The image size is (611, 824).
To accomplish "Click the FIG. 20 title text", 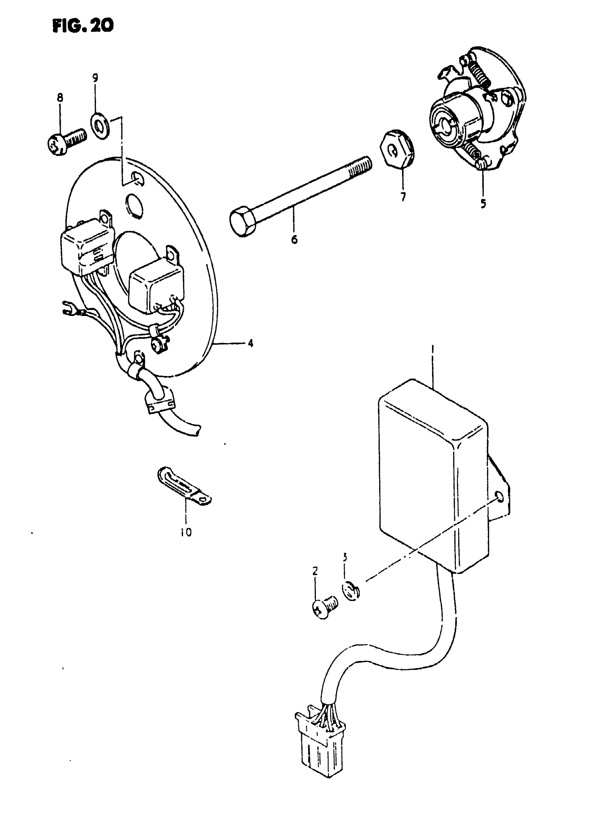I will point(83,25).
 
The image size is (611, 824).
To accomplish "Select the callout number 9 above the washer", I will point(95,78).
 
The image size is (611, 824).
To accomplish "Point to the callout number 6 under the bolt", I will point(294,239).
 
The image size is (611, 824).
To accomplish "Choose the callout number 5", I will point(483,203).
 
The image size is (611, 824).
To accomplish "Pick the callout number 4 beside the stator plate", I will point(251,343).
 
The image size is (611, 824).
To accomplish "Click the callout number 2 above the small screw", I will point(315,571).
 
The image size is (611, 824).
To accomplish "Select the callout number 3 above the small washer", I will point(345,557).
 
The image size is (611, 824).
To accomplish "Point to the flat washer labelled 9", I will point(100,127).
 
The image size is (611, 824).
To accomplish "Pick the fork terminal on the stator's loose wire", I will point(68,309).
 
